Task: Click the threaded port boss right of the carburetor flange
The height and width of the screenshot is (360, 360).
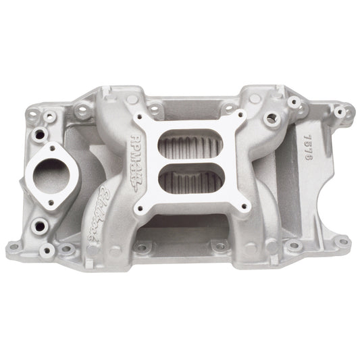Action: pyautogui.click(x=273, y=118)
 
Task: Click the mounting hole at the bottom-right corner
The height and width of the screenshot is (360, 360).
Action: pyautogui.click(x=340, y=240)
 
